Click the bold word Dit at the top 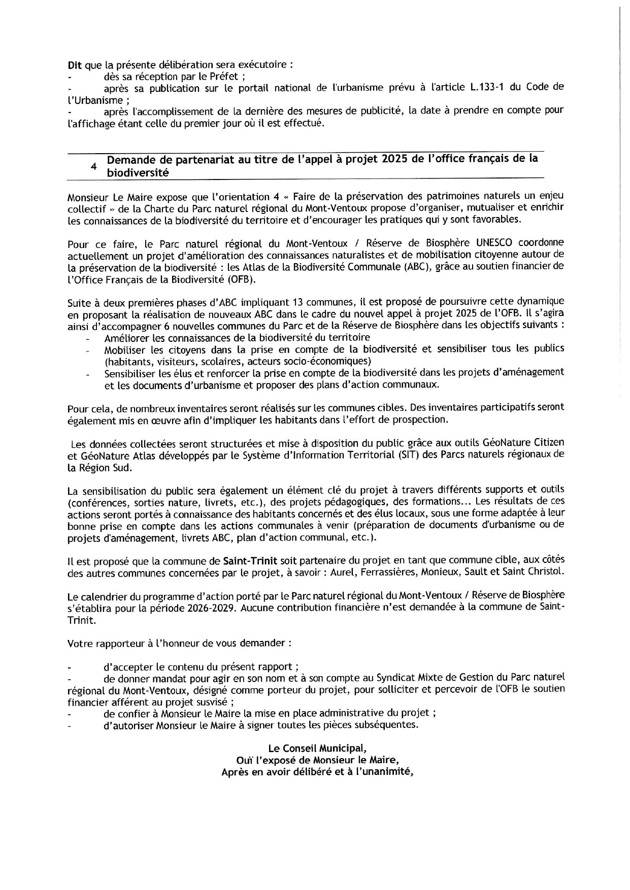pyautogui.click(x=75, y=65)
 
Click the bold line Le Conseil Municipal pyautogui.click(x=317, y=749)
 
